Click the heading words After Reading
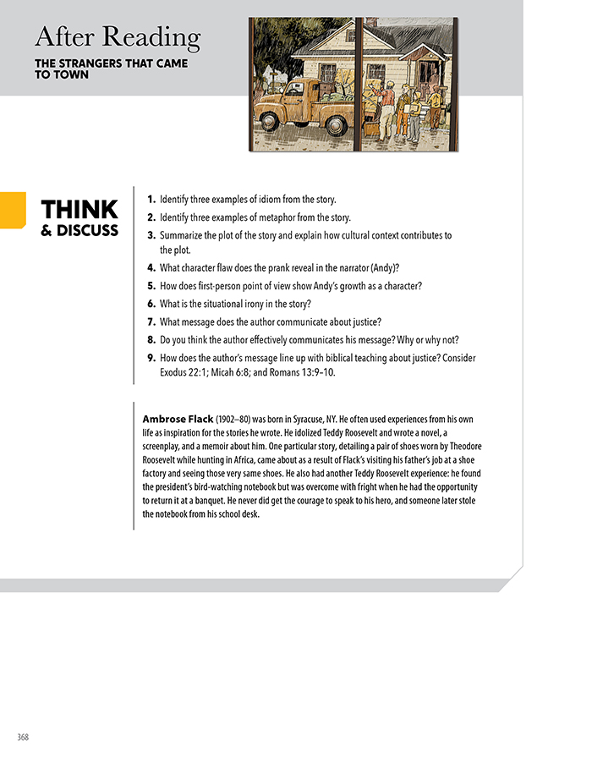click(118, 37)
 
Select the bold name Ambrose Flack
click(178, 419)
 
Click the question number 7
click(151, 321)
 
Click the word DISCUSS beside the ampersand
click(87, 231)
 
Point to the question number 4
click(151, 268)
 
